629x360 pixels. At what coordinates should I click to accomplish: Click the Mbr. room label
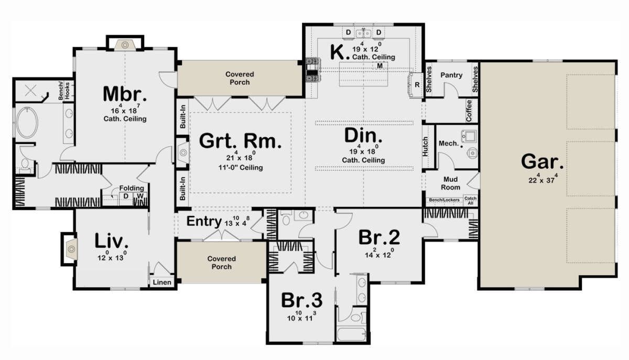tap(125, 94)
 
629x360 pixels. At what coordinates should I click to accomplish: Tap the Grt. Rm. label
tap(240, 140)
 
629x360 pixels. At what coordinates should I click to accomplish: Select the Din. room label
tap(363, 135)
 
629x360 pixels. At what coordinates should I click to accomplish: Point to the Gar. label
tap(542, 162)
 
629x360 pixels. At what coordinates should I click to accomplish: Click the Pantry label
tap(451, 75)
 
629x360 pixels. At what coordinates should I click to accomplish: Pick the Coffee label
tap(469, 111)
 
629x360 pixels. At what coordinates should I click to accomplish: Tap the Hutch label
tap(425, 147)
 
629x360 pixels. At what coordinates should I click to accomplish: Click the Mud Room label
tap(450, 183)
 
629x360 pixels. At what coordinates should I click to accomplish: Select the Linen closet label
tap(162, 282)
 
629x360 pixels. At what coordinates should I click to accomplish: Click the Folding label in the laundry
tap(132, 188)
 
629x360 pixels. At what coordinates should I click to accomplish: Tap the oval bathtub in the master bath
tap(27, 123)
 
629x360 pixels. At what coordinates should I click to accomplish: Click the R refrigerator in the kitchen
tap(417, 85)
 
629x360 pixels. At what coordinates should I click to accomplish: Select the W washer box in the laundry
tap(140, 196)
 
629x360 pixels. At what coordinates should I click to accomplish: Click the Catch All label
tap(470, 201)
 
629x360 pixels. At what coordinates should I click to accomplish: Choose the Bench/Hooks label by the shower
tap(64, 91)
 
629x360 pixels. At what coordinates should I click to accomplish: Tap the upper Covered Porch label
tap(240, 78)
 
